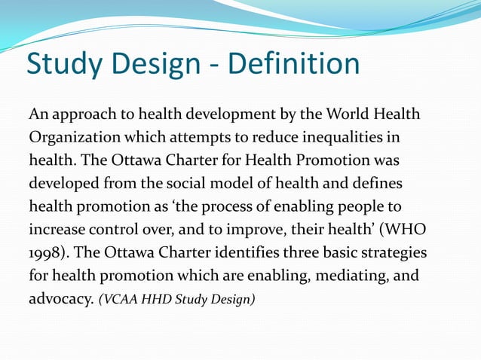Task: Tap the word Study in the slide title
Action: click(x=63, y=66)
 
